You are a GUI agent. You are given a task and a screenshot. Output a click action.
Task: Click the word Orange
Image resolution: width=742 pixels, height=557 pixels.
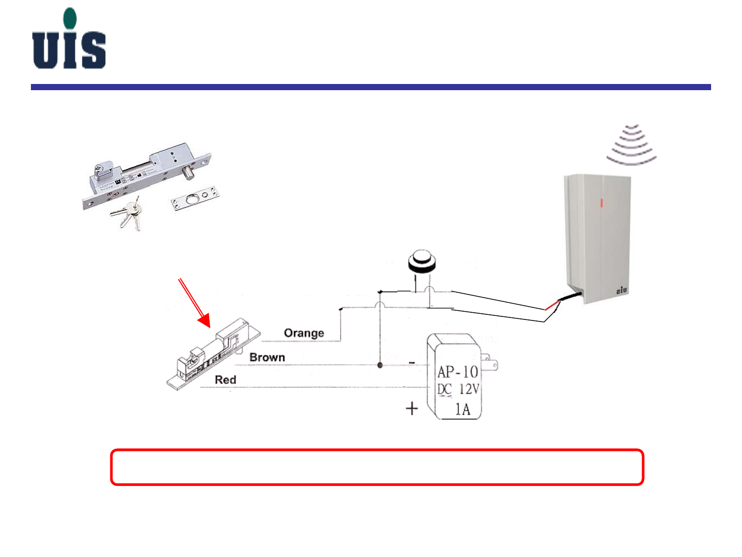click(x=304, y=333)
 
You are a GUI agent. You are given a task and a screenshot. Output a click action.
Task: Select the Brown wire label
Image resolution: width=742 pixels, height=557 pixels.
click(x=267, y=358)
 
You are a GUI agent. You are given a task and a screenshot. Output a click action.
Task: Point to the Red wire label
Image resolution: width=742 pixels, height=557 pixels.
click(x=225, y=380)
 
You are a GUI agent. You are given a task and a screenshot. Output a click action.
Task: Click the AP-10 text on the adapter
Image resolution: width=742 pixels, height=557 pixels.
click(x=458, y=372)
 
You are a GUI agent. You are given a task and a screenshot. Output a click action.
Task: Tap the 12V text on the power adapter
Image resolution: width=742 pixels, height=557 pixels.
click(x=469, y=390)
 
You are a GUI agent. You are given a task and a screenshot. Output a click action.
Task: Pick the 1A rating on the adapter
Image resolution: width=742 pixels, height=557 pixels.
click(x=463, y=410)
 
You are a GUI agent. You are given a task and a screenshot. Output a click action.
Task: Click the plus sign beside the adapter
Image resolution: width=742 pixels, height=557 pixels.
click(x=412, y=409)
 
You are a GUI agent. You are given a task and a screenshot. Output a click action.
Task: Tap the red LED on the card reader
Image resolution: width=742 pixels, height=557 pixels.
click(x=601, y=202)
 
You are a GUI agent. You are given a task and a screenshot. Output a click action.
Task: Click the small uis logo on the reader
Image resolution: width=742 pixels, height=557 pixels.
click(x=622, y=291)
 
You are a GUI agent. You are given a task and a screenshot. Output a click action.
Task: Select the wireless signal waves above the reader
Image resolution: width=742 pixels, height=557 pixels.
click(x=632, y=144)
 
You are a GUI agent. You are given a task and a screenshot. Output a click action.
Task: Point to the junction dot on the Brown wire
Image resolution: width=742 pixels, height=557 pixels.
click(x=380, y=365)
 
